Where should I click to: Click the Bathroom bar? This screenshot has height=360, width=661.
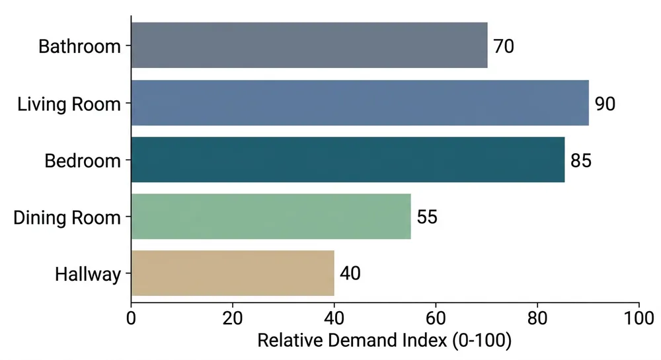(309, 45)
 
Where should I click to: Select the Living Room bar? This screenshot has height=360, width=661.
(360, 103)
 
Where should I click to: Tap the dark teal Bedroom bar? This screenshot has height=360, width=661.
(348, 160)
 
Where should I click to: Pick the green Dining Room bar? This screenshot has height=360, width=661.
(271, 217)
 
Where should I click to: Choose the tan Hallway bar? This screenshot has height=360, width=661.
(233, 273)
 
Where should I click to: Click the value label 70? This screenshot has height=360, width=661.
(504, 46)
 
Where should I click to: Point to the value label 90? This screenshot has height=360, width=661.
(605, 104)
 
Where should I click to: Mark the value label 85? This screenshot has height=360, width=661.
(580, 161)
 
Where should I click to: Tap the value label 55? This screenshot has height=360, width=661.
(427, 217)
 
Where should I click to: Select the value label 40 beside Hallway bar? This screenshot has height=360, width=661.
(350, 273)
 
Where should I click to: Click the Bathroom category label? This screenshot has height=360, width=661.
(80, 46)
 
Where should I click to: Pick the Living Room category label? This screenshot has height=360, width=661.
(69, 104)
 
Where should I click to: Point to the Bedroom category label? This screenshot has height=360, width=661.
(83, 161)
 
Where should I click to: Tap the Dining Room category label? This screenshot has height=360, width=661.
(67, 217)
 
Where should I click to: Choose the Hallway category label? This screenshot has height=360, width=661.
(88, 273)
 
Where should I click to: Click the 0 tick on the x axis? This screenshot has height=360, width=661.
(132, 317)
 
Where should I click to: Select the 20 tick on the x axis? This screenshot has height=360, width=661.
(233, 317)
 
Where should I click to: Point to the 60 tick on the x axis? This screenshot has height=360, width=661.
(436, 317)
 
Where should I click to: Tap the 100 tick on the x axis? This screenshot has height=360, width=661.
(639, 317)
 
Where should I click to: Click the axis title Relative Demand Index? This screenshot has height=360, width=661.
(385, 341)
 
